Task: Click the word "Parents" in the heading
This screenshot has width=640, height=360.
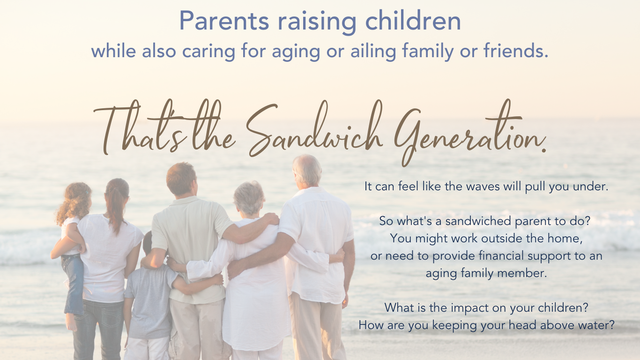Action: [x=224, y=21]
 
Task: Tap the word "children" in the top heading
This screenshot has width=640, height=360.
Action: [x=413, y=21]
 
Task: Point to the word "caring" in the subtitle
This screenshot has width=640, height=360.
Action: [x=208, y=51]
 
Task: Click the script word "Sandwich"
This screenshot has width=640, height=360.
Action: [x=314, y=129]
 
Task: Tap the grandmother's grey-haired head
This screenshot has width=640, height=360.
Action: [x=249, y=198]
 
